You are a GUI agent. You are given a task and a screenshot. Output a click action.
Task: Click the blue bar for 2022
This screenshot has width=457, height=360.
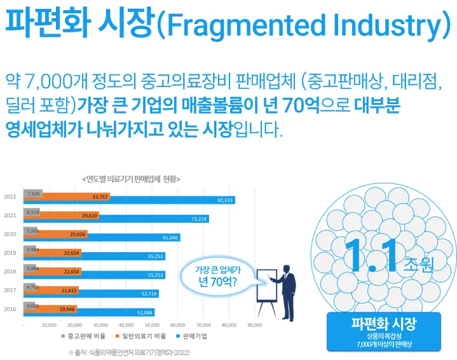pos(159,200)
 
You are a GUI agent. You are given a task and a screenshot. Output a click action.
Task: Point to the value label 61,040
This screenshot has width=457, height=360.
pos(171,237)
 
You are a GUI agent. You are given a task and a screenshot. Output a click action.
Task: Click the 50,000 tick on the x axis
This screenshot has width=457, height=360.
pos(151,324)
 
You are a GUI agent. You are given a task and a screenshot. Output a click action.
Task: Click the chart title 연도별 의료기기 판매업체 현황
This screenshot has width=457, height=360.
pos(131,179)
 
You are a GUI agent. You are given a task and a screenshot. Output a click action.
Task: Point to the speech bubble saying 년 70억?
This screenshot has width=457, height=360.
pos(218,277)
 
